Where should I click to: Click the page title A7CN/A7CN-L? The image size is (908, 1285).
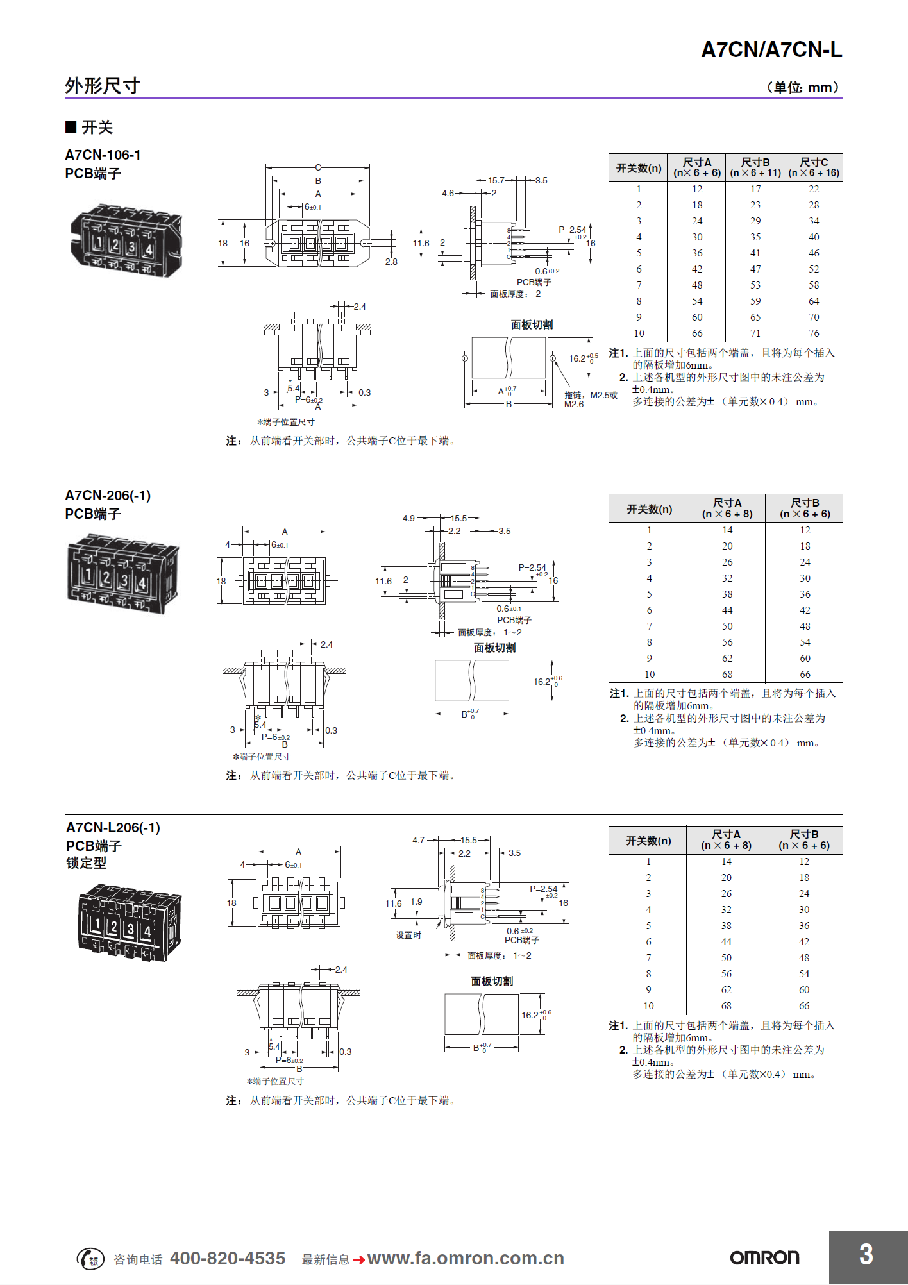point(771,50)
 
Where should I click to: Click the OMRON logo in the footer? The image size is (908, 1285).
point(764,1257)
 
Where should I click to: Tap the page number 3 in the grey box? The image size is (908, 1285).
point(866,1255)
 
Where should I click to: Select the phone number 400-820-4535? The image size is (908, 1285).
point(228,1259)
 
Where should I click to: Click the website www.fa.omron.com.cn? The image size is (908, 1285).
point(466,1259)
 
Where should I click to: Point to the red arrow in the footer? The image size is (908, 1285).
point(358,1260)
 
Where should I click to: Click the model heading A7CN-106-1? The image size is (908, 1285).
point(103,155)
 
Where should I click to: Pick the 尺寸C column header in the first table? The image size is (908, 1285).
point(813,167)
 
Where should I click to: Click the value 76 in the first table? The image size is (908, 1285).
point(814,333)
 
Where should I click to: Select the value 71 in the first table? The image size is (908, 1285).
point(755,333)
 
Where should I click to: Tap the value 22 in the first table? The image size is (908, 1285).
point(814,189)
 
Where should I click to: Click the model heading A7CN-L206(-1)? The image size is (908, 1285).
point(113,828)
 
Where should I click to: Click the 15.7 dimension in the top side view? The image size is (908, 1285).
point(496,180)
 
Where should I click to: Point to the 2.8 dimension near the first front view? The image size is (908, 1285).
point(391,262)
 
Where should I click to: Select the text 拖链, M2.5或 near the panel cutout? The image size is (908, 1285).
point(591,395)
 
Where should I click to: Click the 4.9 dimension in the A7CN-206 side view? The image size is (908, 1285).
point(408,518)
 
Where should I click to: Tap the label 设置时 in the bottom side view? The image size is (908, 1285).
point(408,935)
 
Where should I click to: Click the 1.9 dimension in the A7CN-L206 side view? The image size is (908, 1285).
point(416,902)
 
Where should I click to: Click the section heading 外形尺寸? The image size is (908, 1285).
point(103,86)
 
